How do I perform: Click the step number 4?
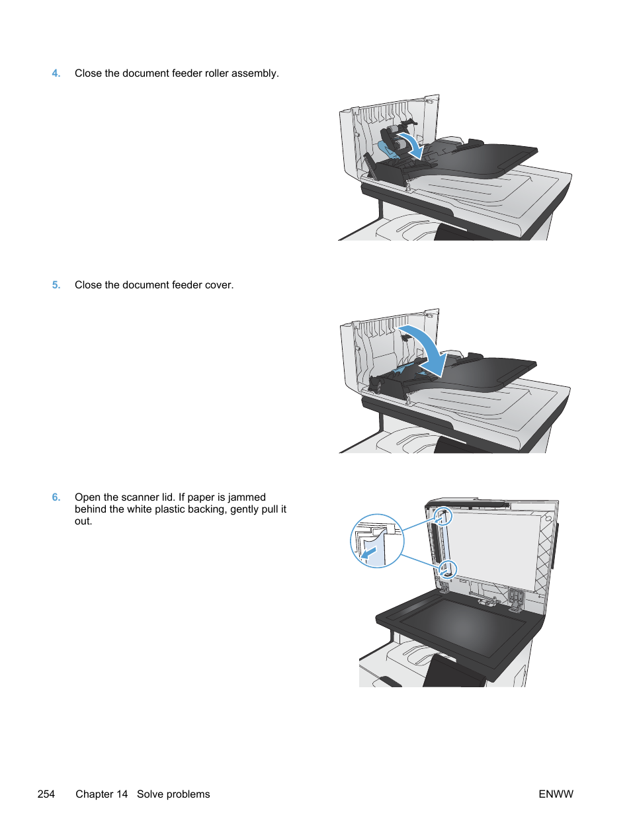click(x=56, y=73)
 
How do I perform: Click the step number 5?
click(x=56, y=285)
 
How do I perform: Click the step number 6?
click(x=56, y=497)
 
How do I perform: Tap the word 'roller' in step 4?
click(x=216, y=73)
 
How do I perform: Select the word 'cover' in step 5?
click(x=218, y=285)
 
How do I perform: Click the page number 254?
click(x=46, y=794)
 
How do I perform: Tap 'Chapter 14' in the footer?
click(x=101, y=794)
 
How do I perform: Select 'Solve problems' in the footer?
click(x=173, y=794)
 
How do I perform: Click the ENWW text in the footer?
click(x=556, y=794)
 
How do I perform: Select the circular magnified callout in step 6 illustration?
click(x=376, y=541)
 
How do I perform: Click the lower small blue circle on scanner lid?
click(x=448, y=568)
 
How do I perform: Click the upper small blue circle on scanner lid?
click(x=443, y=516)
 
